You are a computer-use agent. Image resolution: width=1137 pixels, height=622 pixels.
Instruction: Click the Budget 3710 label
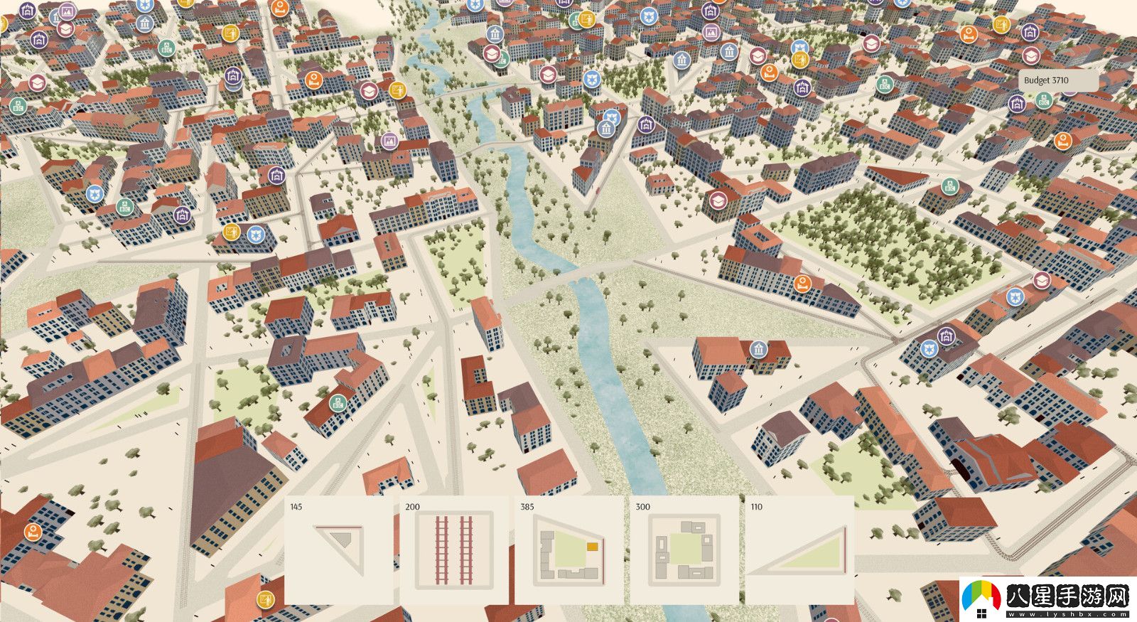point(1046,80)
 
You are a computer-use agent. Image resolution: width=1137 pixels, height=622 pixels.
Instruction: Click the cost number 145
point(296,507)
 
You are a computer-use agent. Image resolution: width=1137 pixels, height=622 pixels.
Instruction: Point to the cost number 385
point(527,507)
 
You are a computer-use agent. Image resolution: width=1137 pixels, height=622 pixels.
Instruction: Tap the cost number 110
point(756,507)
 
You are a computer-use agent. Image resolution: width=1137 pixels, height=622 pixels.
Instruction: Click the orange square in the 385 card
point(592,547)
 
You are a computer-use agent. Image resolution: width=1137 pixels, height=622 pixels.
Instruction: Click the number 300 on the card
point(642,507)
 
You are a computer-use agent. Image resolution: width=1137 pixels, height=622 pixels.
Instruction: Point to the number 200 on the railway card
point(412,507)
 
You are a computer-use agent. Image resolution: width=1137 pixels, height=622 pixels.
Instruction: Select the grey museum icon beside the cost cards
point(759,349)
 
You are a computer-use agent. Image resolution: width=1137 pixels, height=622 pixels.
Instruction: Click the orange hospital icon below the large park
point(802,282)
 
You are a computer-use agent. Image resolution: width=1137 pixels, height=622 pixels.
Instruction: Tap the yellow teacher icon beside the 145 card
point(266,599)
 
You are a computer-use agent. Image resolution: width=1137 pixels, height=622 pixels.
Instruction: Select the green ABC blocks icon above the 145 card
point(338,402)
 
